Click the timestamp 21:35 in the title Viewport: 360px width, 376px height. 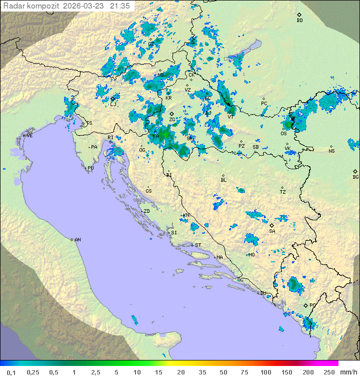tap(120, 6)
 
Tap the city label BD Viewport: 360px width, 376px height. tap(299, 21)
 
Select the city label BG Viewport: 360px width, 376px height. tap(355, 177)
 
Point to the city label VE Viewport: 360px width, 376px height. tap(29, 136)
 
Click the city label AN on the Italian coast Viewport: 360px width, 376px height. tap(77, 240)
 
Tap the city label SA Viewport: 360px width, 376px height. tap(272, 231)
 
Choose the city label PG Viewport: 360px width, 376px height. tap(312, 305)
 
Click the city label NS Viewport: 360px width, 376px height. tap(331, 151)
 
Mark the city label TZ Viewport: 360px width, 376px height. tap(283, 192)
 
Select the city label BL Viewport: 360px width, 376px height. tap(223, 180)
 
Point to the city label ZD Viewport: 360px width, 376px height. tap(146, 211)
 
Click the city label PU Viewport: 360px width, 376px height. tap(90, 168)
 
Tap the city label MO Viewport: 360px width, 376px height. tap(251, 254)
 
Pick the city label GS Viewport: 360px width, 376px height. tap(148, 191)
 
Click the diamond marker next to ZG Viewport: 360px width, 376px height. tap(171, 114)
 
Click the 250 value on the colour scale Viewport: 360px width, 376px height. tap(328, 372)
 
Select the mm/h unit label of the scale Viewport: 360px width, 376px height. tap(347, 372)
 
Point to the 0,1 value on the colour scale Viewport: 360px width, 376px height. tap(11, 372)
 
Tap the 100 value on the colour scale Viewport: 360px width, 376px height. tap(265, 372)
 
